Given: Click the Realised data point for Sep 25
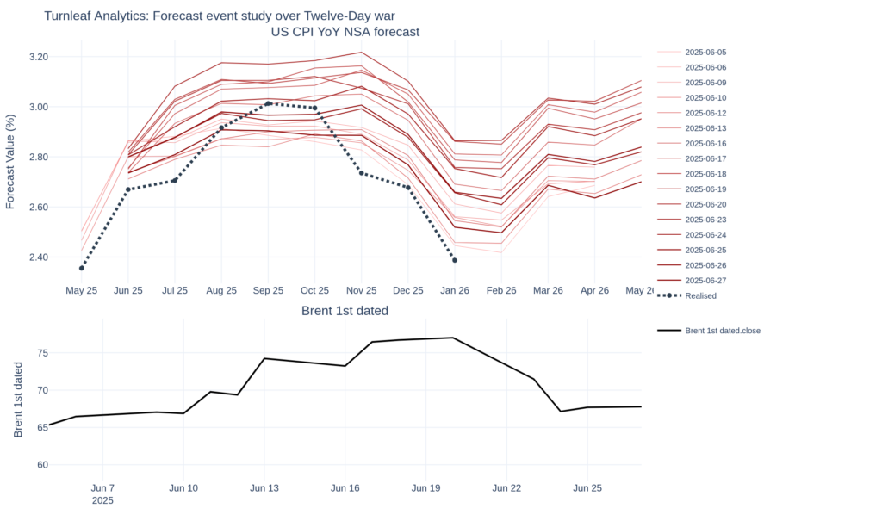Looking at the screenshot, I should (268, 103).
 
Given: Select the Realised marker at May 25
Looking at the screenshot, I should (82, 268).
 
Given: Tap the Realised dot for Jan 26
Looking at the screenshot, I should (454, 260).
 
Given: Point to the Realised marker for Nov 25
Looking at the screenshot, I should (361, 173).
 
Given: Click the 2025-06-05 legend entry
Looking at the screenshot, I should (705, 53).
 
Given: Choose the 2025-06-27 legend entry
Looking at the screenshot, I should (705, 280).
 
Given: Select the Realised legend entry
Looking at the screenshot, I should (699, 295).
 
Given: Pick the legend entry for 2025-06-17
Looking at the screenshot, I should (705, 158).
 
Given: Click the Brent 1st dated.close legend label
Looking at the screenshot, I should (722, 330).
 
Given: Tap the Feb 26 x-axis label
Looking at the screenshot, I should (500, 290).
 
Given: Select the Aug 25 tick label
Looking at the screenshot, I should (221, 290).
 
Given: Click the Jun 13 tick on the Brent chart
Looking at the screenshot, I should (264, 488).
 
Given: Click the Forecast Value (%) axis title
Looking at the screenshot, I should (10, 161).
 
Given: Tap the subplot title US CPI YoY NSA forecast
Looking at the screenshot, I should (345, 33).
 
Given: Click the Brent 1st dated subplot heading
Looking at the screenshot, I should (345, 311).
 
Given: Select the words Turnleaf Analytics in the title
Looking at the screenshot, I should (96, 16).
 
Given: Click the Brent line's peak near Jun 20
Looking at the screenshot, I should (453, 338).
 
